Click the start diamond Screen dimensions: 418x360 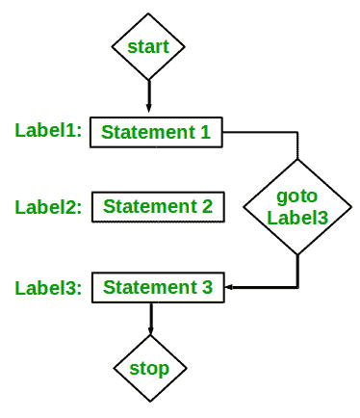[149, 45]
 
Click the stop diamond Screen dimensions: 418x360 [149, 368]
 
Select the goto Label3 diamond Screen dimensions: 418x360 [297, 206]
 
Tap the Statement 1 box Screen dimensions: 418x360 [157, 132]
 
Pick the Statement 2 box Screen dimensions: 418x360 [159, 206]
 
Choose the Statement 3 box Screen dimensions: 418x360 [157, 287]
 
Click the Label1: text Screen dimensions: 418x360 [48, 130]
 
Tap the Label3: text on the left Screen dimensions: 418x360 [49, 287]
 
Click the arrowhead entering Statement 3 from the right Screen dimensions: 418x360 [232, 287]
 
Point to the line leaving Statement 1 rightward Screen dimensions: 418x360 [260, 132]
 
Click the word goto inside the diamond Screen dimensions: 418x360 [297, 196]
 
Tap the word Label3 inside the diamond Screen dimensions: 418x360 [298, 218]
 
